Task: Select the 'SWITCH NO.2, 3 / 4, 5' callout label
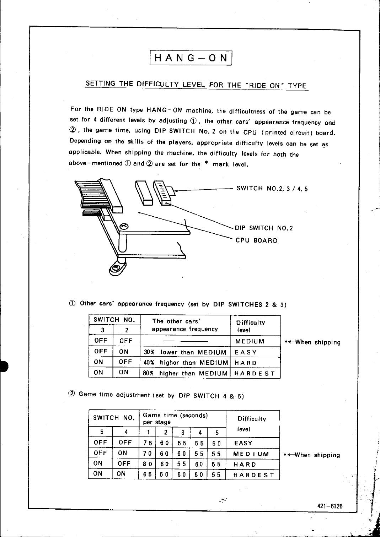(272, 189)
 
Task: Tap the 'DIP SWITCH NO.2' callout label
(264, 228)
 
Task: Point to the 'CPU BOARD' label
(256, 240)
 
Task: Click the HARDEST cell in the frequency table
(255, 373)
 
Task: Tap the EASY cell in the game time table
(243, 443)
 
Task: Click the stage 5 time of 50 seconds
(216, 443)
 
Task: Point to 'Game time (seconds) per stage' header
(175, 419)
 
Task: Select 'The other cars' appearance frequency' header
(185, 325)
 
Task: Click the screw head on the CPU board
(124, 226)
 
